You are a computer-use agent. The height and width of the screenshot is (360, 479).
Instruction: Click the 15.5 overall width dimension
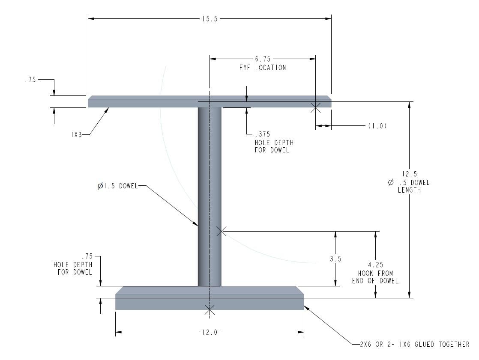[210, 19]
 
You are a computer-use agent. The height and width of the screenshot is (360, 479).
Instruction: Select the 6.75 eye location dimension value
[263, 59]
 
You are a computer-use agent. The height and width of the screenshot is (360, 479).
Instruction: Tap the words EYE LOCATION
[263, 68]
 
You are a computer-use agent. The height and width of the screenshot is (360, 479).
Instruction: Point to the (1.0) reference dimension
[377, 126]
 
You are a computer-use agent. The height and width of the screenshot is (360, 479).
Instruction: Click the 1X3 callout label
[76, 134]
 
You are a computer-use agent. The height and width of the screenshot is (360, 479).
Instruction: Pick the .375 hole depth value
[262, 134]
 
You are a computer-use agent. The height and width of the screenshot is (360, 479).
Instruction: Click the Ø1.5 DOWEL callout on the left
[118, 186]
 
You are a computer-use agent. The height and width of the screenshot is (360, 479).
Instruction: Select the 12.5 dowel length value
[409, 174]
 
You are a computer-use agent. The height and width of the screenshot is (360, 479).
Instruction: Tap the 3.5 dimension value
[335, 259]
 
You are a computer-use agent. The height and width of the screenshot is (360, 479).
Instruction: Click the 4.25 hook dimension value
[375, 265]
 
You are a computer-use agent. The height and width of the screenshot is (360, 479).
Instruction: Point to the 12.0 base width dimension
[210, 332]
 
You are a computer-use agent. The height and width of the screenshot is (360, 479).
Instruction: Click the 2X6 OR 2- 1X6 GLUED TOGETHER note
[415, 345]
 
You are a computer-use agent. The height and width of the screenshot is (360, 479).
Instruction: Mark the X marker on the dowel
[222, 231]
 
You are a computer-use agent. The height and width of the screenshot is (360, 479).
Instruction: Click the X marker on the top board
[316, 107]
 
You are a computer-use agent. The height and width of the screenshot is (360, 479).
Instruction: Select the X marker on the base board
[209, 309]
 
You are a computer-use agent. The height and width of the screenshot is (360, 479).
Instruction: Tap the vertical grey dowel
[210, 197]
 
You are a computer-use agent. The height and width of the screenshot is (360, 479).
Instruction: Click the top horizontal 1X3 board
[210, 101]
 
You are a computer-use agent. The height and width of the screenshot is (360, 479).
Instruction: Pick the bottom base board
[210, 298]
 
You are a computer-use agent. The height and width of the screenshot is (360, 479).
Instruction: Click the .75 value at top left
[30, 80]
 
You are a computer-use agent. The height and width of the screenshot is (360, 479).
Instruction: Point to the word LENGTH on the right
[409, 190]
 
